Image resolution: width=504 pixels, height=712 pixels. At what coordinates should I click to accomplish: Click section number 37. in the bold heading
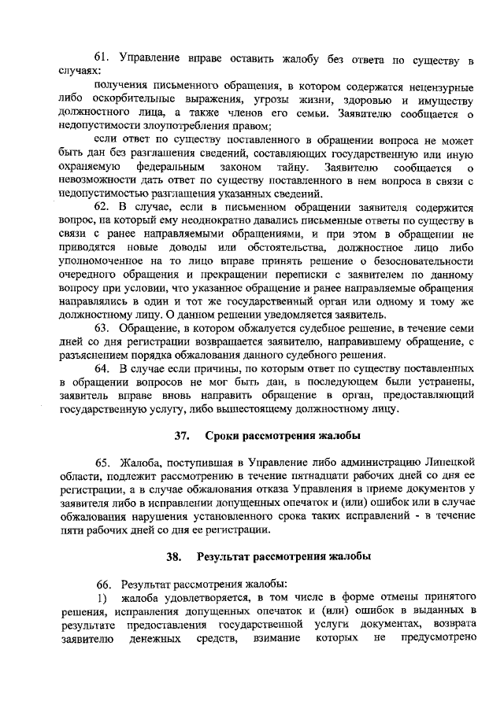pos(183,435)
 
